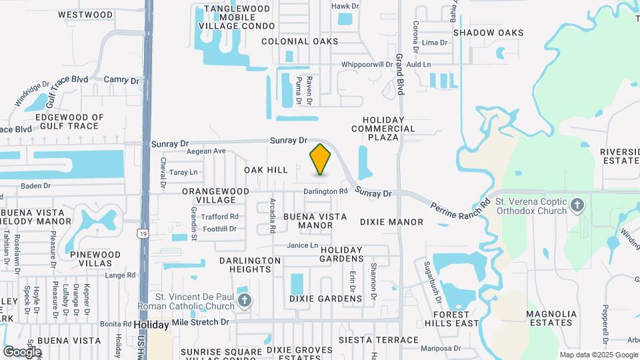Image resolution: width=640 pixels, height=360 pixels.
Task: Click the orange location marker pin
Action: (321, 159)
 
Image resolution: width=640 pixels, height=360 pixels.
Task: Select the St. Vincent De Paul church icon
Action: (245, 300)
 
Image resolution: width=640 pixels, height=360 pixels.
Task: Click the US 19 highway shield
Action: (143, 233)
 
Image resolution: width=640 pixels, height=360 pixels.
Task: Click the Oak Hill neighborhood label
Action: (266, 170)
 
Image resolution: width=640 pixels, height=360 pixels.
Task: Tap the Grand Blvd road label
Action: (401, 73)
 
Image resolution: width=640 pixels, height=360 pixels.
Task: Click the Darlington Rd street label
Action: (326, 191)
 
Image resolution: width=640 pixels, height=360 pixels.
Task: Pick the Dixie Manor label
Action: (391, 221)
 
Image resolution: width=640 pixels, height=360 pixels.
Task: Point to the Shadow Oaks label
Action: (488, 33)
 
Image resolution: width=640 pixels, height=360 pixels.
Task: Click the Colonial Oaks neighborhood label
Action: (300, 41)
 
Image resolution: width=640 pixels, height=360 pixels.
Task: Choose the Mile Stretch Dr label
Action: (200, 322)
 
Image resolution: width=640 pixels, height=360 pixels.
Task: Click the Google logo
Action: (22, 351)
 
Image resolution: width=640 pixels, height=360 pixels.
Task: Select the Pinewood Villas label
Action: (95, 259)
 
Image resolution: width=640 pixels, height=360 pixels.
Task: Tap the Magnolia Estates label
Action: (550, 318)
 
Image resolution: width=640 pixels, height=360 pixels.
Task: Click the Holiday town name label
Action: (151, 325)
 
